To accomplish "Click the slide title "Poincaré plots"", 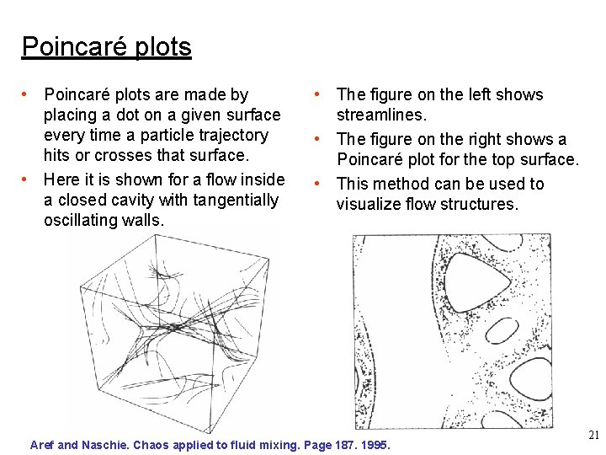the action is pos(106,46).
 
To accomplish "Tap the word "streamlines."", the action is pos(382,115).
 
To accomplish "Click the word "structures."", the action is pos(479,204).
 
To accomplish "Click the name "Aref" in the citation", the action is pos(43,444).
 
